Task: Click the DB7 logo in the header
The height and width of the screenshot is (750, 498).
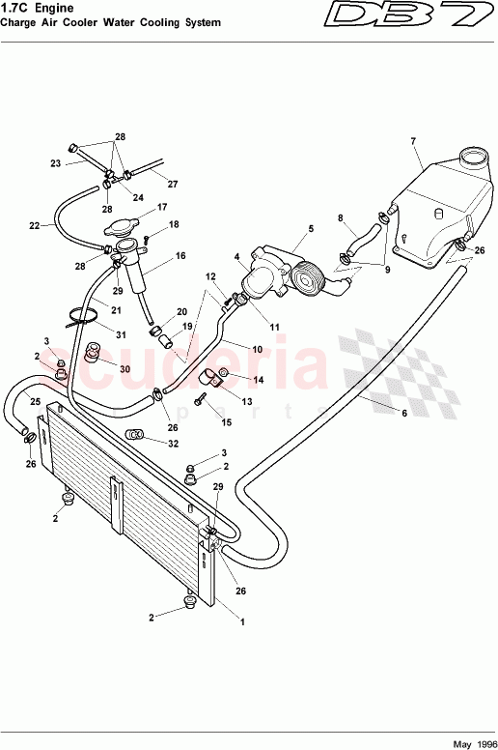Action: [409, 15]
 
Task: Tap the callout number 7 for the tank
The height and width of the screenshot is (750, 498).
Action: [413, 141]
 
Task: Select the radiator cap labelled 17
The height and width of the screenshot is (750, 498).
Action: [122, 227]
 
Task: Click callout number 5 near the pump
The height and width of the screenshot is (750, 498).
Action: [311, 229]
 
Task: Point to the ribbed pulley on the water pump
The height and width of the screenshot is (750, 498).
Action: [307, 278]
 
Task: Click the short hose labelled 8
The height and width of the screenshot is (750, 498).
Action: [365, 237]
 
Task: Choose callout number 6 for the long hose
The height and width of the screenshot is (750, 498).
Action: [404, 413]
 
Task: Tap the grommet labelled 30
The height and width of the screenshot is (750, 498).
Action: [91, 353]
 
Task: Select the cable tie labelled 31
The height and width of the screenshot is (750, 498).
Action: [83, 317]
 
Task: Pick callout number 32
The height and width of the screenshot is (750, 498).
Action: [173, 444]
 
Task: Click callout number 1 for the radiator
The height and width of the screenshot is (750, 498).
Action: [242, 622]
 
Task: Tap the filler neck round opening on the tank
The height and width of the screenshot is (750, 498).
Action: [474, 157]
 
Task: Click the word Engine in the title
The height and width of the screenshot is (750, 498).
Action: [58, 8]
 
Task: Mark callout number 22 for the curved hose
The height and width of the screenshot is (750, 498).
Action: [35, 225]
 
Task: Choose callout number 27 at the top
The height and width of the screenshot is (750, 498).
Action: [173, 185]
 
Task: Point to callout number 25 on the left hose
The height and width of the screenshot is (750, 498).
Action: [36, 401]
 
